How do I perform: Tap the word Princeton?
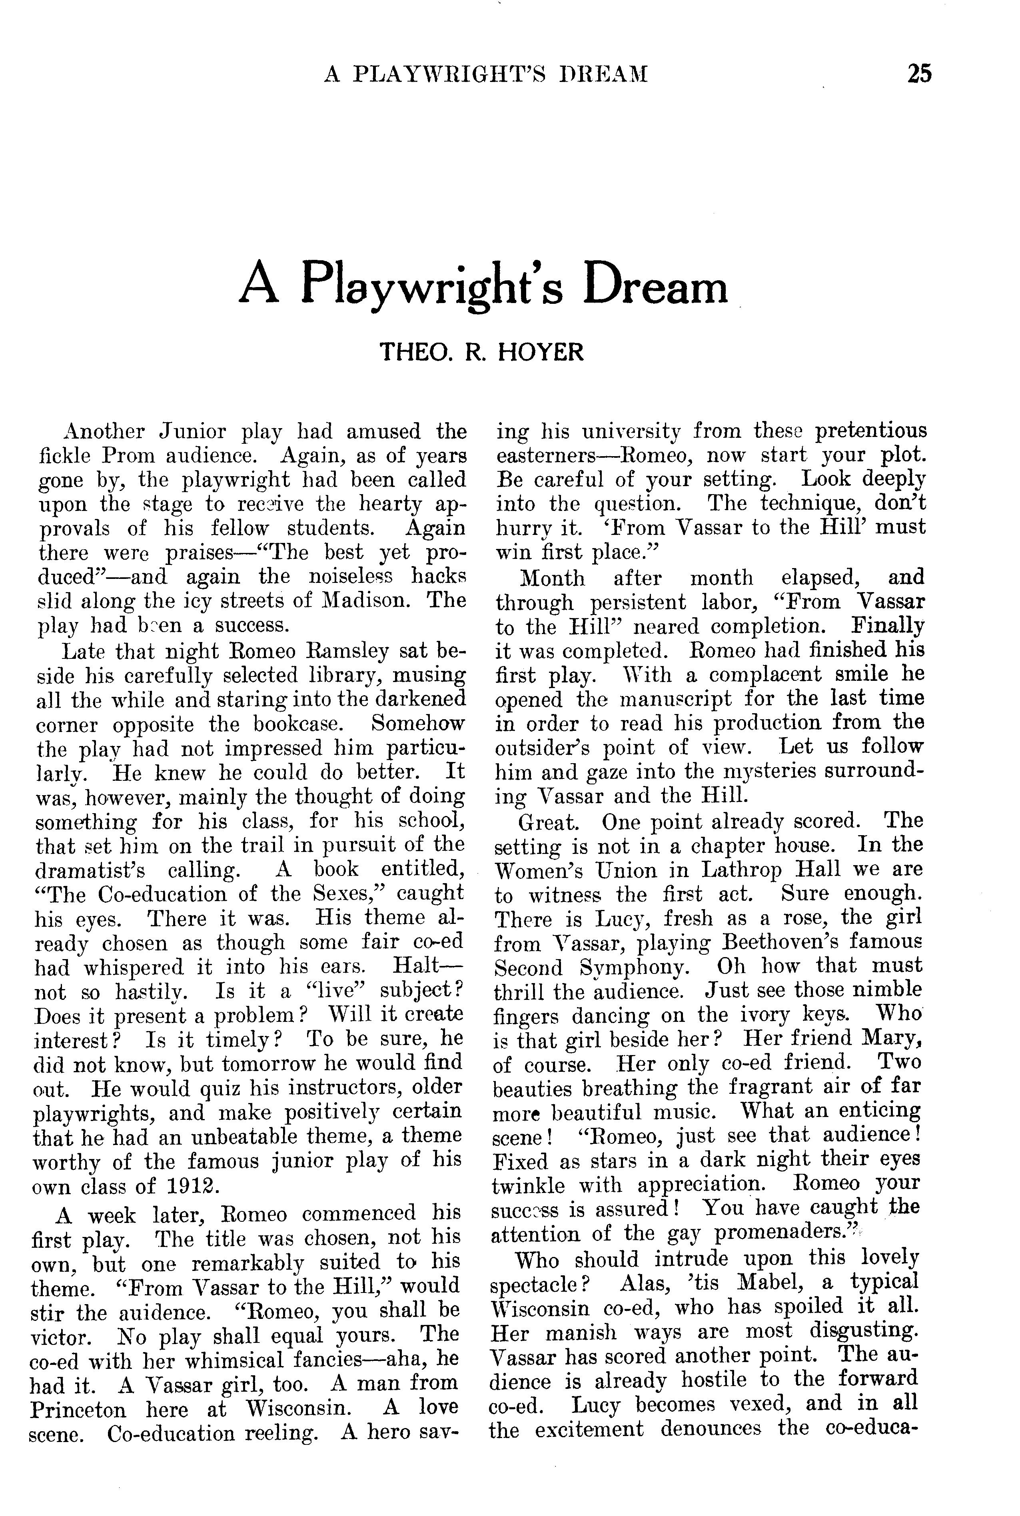point(81,1409)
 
